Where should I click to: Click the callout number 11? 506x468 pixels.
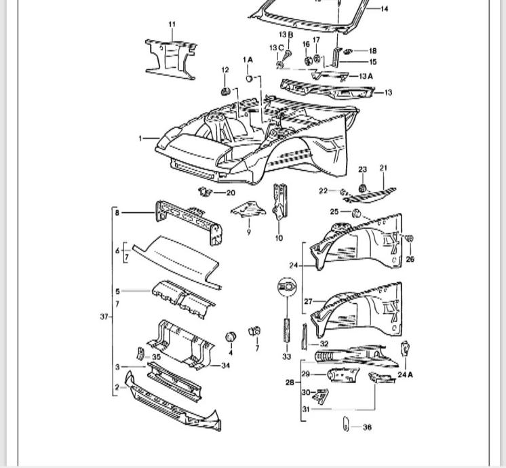pos(172,24)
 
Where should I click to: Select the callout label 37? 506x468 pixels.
pos(104,317)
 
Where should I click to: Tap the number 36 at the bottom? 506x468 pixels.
pos(367,427)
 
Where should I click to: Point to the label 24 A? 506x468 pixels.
pos(406,374)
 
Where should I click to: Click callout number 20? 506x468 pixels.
pos(230,193)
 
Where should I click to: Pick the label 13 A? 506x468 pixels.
pos(366,77)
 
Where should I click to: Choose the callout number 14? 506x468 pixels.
pos(385,9)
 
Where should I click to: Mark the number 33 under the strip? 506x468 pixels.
pos(286,357)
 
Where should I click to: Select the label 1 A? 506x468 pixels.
pos(248,60)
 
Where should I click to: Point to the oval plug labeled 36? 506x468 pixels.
pos(345,426)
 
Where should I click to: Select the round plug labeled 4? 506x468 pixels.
pos(231,336)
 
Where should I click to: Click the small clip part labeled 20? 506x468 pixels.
pos(204,193)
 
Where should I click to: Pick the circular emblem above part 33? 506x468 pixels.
pos(286,287)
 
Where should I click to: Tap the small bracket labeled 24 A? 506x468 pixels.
pos(405,350)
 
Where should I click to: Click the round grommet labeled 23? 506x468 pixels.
pos(362,187)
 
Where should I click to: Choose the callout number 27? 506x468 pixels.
pos(307,301)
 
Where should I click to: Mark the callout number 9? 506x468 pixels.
pos(248,232)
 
